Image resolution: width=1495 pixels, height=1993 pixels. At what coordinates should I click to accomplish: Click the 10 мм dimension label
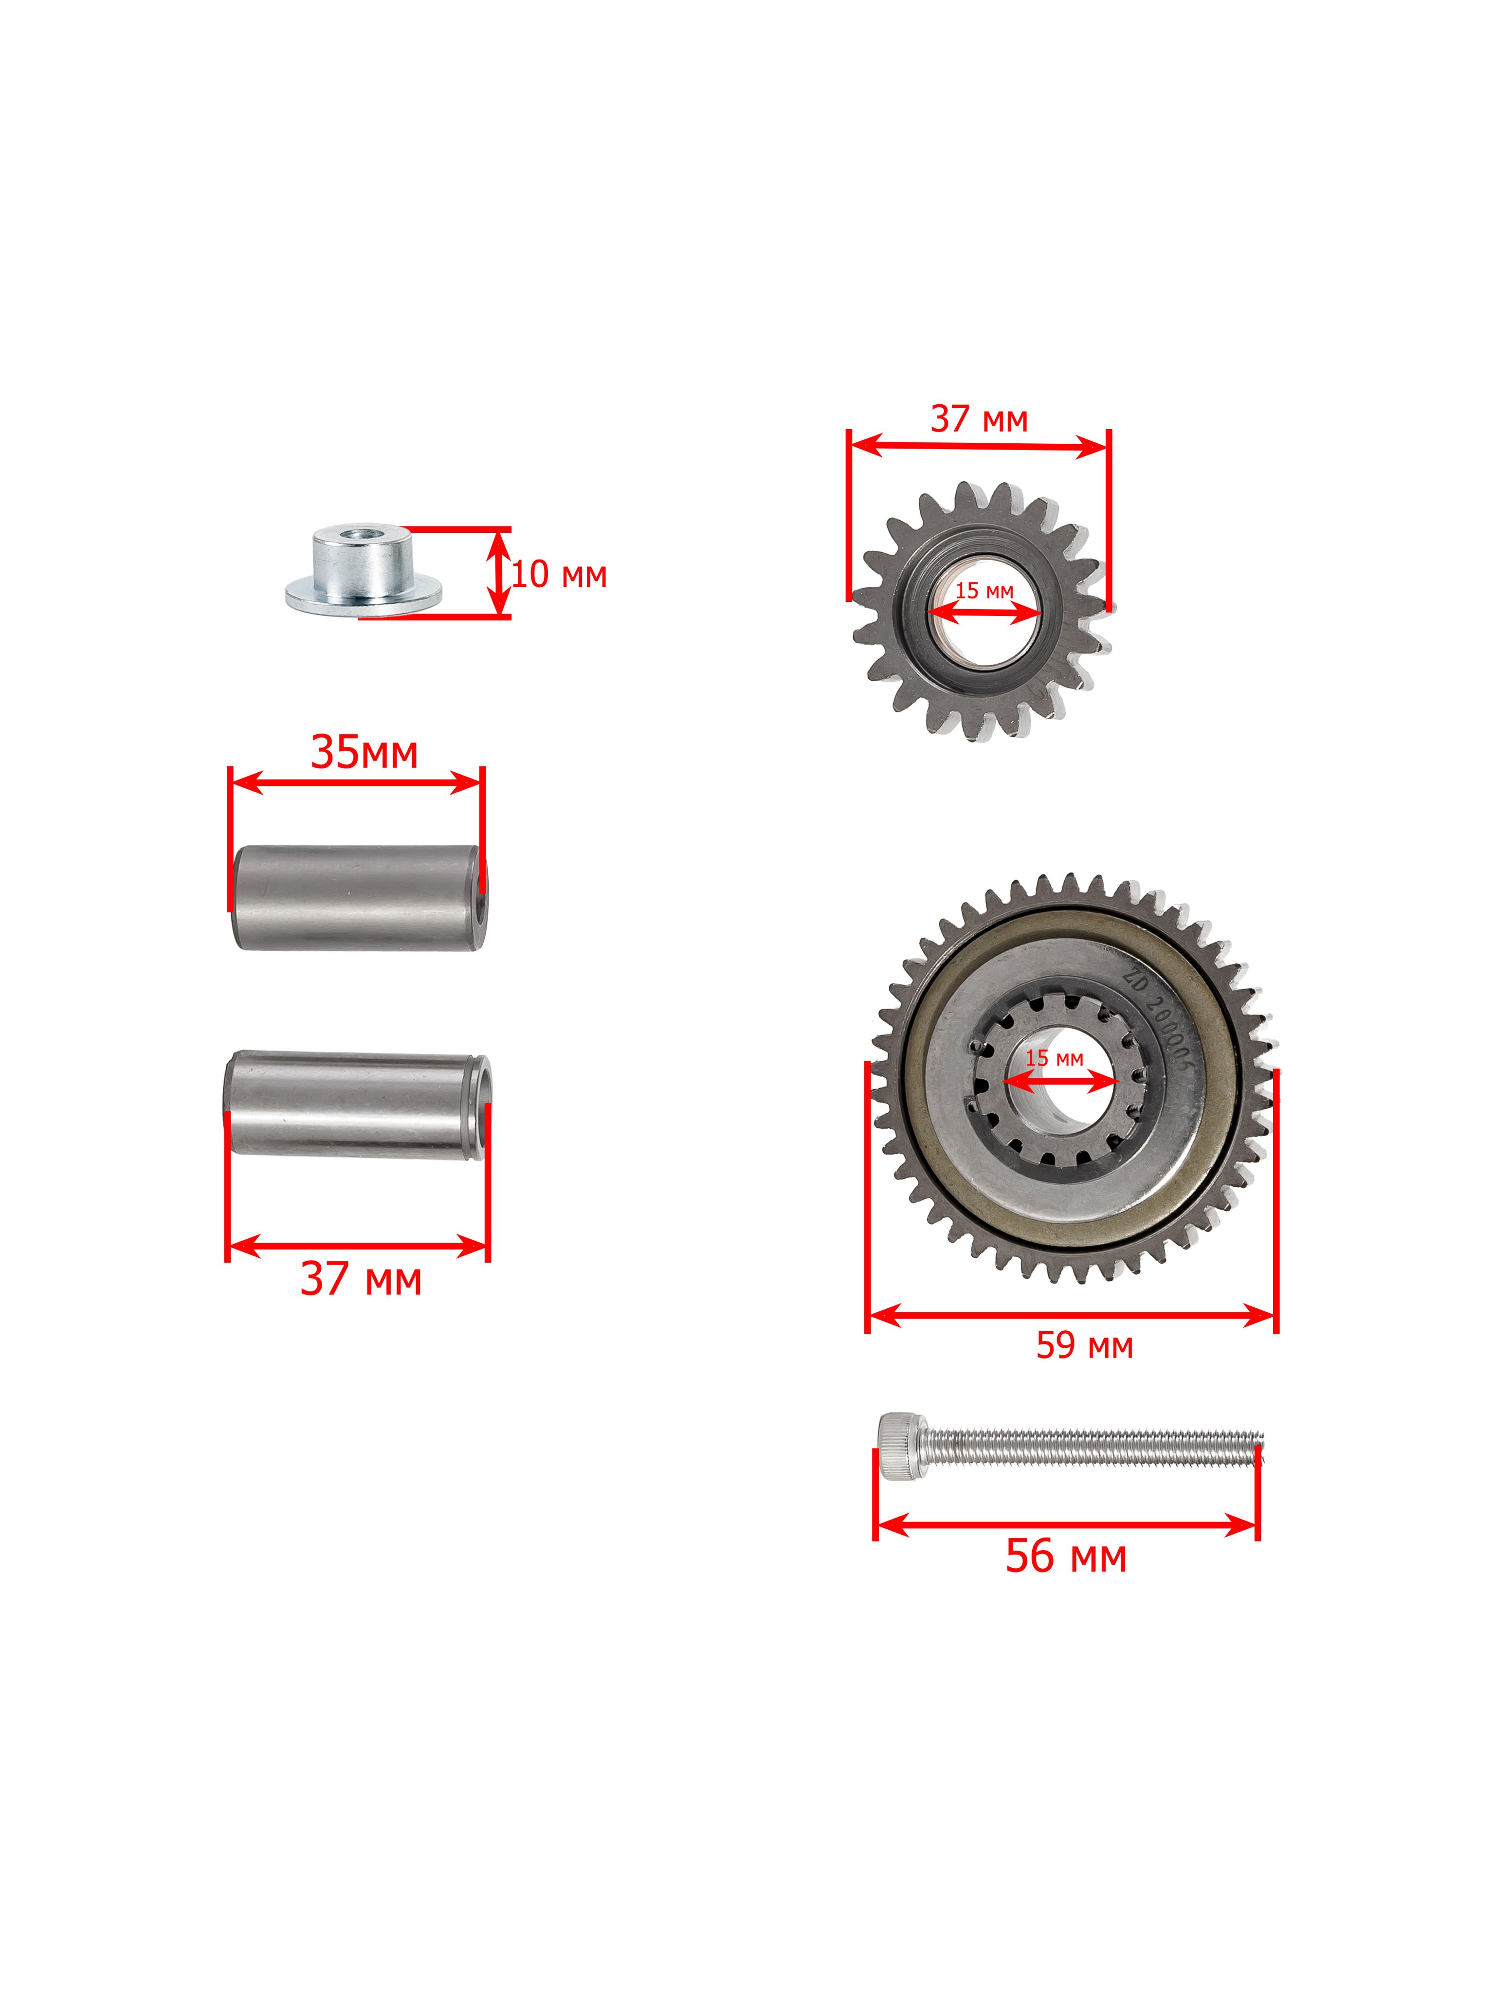pos(559,575)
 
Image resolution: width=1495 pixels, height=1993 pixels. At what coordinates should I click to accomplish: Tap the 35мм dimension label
pos(364,752)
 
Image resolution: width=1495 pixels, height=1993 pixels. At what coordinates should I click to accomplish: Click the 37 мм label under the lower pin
pos(361,1279)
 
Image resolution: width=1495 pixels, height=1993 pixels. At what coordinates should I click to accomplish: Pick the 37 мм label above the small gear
pos(979,419)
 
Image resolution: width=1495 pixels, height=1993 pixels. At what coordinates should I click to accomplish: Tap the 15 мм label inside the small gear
pos(984,591)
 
